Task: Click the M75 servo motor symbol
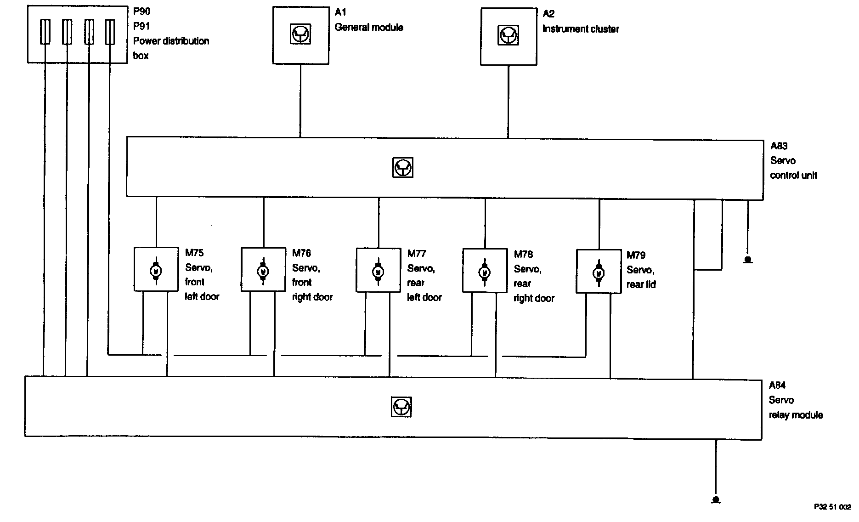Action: pyautogui.click(x=156, y=271)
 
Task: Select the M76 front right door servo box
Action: pyautogui.click(x=263, y=270)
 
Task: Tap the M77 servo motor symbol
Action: pyautogui.click(x=378, y=271)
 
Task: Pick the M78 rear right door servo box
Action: pyautogui.click(x=485, y=271)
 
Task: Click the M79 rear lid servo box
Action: pyautogui.click(x=599, y=272)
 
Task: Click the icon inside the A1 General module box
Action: pyautogui.click(x=300, y=34)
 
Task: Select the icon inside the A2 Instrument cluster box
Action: pyautogui.click(x=509, y=35)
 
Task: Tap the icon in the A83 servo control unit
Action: pyautogui.click(x=403, y=167)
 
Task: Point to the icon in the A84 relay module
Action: pyautogui.click(x=401, y=407)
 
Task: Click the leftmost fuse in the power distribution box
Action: pyautogui.click(x=45, y=32)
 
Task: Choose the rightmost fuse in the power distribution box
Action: pyautogui.click(x=110, y=32)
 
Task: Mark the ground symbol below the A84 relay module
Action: pyautogui.click(x=715, y=499)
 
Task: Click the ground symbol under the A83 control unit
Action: pyautogui.click(x=748, y=260)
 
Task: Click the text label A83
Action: pyautogui.click(x=779, y=146)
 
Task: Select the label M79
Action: pyautogui.click(x=636, y=255)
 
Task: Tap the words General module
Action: pyautogui.click(x=369, y=27)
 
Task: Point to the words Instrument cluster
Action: pyautogui.click(x=581, y=29)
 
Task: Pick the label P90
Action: pyautogui.click(x=141, y=11)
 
